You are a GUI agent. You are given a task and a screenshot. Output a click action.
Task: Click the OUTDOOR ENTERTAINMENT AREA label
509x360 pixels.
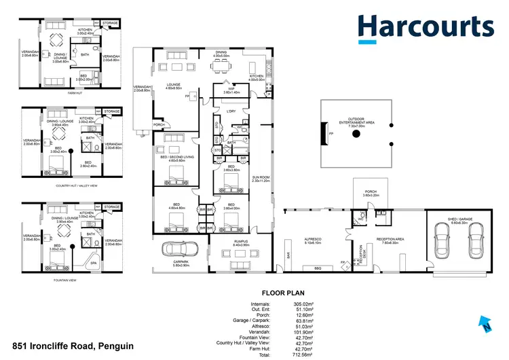point(356,123)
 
